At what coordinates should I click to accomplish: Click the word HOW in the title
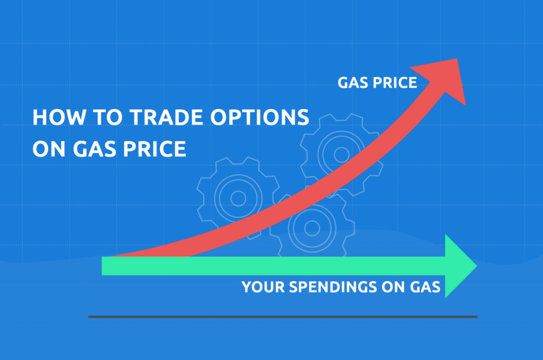59,117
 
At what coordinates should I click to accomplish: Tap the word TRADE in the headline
166,117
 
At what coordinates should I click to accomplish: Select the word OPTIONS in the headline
259,117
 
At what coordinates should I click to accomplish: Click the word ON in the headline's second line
49,149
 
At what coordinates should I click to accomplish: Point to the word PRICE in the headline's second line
154,149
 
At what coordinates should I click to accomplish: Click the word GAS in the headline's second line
94,149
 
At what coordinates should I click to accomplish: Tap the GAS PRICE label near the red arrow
377,83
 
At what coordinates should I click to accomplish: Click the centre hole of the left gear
238,199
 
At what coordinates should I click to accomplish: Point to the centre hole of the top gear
341,155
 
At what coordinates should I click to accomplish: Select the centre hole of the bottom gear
312,228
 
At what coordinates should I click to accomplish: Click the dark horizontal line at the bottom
283,317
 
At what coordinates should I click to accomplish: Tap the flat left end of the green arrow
102,266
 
